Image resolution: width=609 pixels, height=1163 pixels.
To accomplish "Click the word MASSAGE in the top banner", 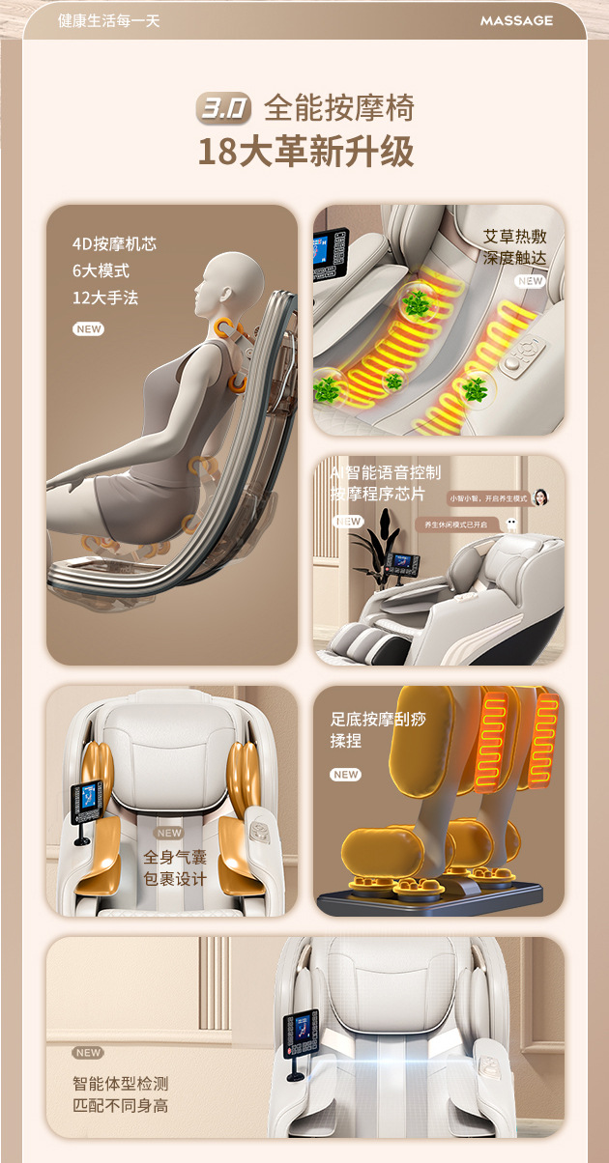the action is [516, 20].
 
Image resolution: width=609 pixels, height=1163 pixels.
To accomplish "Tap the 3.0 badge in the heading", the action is [223, 108].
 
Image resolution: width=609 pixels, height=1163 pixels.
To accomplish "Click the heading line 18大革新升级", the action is [305, 153].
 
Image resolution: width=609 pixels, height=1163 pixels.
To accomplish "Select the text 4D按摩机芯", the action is [114, 243].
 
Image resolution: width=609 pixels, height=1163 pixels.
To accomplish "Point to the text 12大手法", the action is [105, 298].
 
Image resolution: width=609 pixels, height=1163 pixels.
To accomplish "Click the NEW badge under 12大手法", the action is [88, 329].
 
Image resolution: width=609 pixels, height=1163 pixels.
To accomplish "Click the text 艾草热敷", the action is [515, 236].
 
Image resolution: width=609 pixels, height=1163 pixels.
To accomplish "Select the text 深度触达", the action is [515, 258].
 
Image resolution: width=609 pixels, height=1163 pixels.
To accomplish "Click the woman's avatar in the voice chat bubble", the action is [539, 497].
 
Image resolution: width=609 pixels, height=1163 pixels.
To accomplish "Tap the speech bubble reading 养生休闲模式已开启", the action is [457, 525].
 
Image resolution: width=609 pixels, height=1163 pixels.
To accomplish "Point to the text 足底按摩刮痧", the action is [378, 719].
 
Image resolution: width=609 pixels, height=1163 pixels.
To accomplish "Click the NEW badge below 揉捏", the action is [345, 775].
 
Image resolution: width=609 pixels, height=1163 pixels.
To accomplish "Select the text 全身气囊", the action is [175, 857].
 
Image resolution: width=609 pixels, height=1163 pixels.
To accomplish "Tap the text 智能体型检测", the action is [120, 1084].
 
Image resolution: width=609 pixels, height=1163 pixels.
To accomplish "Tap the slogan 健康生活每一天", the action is [108, 20].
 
